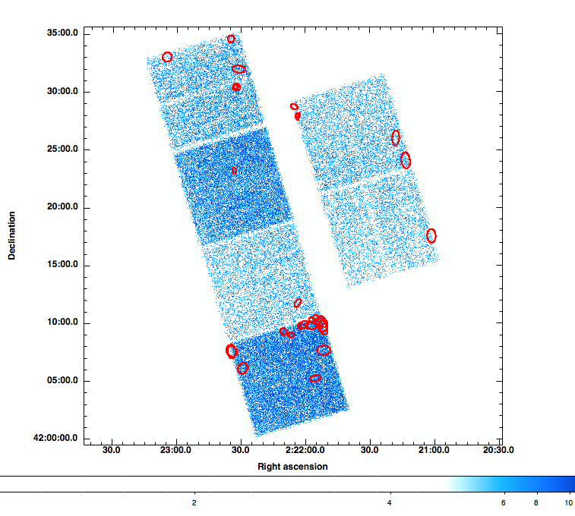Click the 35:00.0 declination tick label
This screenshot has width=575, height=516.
pyautogui.click(x=64, y=33)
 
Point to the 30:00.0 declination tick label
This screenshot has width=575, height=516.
pyautogui.click(x=64, y=92)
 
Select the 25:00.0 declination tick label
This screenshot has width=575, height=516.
pyautogui.click(x=64, y=149)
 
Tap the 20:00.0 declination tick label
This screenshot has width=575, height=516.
pyautogui.click(x=64, y=207)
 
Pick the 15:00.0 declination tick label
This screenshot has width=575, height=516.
pyautogui.click(x=64, y=266)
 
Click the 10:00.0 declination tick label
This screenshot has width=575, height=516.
pyautogui.click(x=64, y=323)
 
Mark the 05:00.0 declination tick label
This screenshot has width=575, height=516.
pyautogui.click(x=64, y=381)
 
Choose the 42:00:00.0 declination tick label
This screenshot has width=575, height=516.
pyautogui.click(x=58, y=439)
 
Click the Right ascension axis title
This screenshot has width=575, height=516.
pyautogui.click(x=292, y=466)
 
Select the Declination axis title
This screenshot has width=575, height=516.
pyautogui.click(x=12, y=235)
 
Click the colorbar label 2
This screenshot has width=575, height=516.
pyautogui.click(x=194, y=502)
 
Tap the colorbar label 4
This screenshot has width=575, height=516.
pyautogui.click(x=390, y=502)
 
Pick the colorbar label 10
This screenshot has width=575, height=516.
pyautogui.click(x=569, y=502)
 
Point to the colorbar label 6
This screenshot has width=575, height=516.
pyautogui.click(x=504, y=502)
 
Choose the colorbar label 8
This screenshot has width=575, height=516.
pyautogui.click(x=537, y=502)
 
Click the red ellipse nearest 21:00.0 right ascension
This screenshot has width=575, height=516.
pyautogui.click(x=431, y=235)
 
